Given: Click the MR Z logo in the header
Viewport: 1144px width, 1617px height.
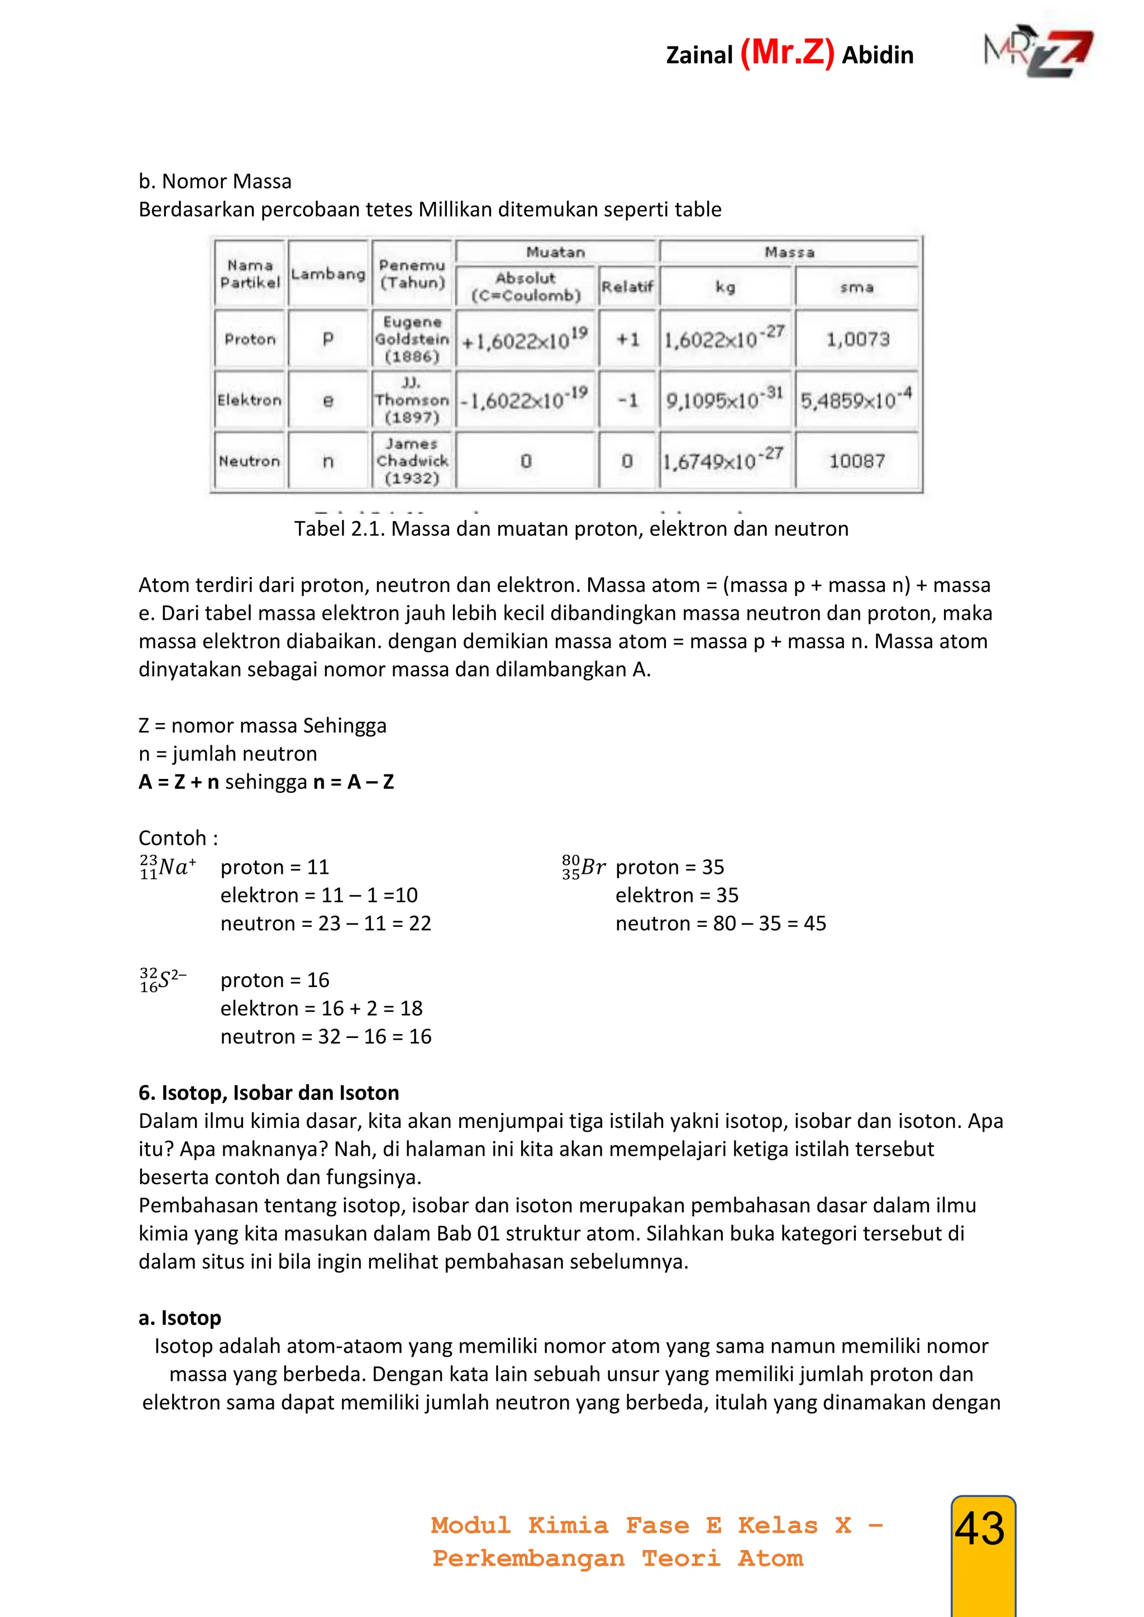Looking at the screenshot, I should (1039, 54).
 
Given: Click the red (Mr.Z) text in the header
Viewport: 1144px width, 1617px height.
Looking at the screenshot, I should (787, 53).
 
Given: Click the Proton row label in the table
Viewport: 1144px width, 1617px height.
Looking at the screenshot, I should (250, 339).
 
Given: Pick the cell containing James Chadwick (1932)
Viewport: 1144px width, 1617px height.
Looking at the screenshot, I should (412, 461).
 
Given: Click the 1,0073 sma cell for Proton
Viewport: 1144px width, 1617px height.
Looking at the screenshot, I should (857, 339).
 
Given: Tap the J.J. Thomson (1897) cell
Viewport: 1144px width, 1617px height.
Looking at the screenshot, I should (412, 400).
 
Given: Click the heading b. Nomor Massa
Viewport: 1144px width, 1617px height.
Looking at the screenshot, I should (215, 181).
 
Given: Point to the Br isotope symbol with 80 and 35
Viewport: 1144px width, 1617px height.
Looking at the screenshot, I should (583, 867).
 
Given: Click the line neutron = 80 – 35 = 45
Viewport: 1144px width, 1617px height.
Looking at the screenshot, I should (720, 924).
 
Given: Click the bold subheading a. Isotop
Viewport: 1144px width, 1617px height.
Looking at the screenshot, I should (180, 1318).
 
